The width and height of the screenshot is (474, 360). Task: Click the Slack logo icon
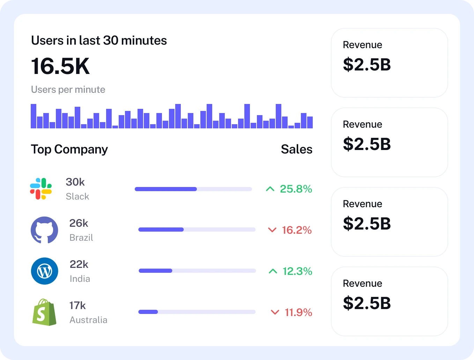tap(41, 189)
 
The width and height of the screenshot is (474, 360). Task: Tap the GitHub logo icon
tap(44, 230)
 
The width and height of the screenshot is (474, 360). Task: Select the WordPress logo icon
tap(44, 271)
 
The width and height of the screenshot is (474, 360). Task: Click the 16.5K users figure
tap(60, 66)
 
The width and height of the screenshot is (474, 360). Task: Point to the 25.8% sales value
tap(296, 189)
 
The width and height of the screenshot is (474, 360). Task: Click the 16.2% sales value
tap(297, 230)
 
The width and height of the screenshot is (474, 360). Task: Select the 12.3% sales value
tap(297, 271)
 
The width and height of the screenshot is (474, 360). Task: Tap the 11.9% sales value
tap(298, 313)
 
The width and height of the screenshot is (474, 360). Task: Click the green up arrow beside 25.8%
tap(270, 189)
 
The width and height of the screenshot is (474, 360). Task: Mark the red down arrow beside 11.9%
tap(275, 312)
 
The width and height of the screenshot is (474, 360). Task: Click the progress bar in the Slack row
tap(193, 189)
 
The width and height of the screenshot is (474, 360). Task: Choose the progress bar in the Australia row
tap(197, 312)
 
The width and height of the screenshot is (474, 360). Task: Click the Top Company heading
tap(69, 149)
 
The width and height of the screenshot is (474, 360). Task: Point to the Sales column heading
tap(296, 149)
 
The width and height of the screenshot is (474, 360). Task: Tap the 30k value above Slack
tap(75, 182)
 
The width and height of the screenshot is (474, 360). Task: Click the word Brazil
tap(81, 238)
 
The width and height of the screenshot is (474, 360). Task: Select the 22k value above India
tap(79, 264)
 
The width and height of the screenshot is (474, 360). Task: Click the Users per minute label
tap(68, 90)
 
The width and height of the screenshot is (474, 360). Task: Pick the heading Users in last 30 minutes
tap(99, 40)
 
